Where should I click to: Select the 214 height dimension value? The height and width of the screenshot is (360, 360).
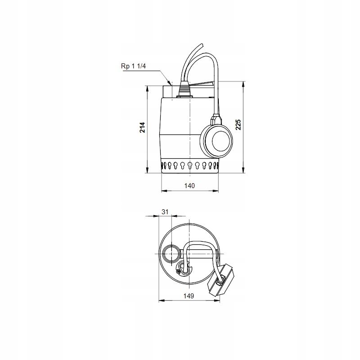point(142,128)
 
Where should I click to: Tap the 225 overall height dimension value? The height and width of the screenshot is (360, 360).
point(239,125)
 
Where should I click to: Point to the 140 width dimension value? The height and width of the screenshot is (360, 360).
point(190,186)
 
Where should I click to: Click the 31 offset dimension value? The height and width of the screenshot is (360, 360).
point(165,211)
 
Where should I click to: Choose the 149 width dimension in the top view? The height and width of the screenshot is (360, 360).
point(189,296)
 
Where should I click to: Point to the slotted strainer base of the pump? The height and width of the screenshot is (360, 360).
point(190,166)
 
